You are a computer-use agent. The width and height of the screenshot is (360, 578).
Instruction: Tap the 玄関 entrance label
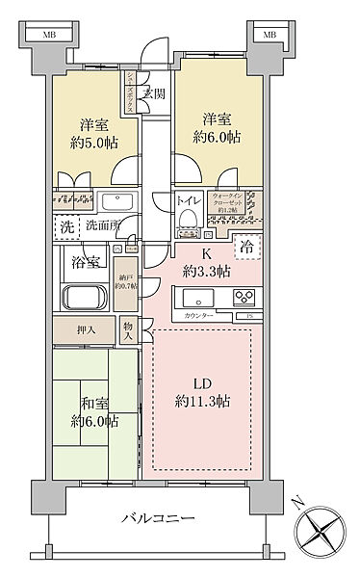152,93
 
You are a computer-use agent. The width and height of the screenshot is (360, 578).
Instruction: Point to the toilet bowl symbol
188,220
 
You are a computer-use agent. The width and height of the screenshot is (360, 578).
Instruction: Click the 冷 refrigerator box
247,245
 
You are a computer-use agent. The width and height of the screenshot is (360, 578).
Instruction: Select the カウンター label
197,315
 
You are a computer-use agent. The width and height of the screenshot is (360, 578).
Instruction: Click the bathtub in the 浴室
85,298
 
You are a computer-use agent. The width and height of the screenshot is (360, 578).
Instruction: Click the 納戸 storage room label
126,276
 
